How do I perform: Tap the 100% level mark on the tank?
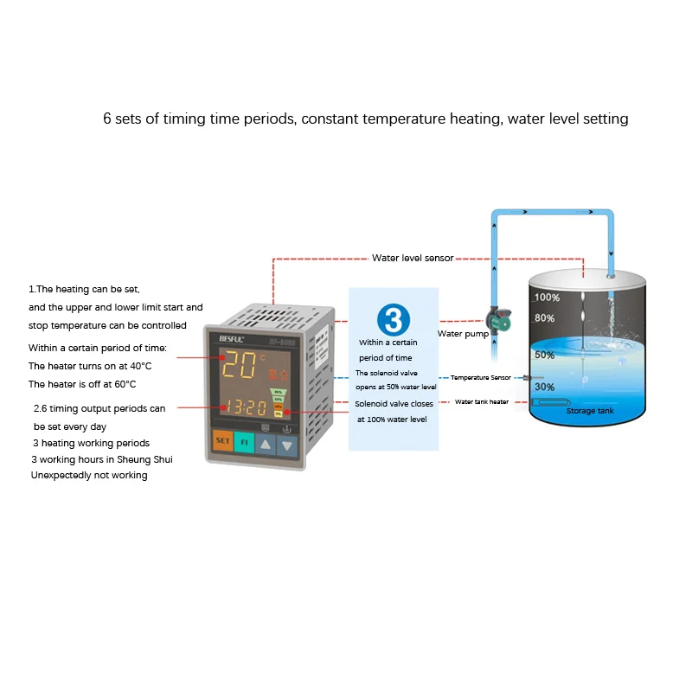pos(547,298)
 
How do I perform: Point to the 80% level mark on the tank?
pos(545,317)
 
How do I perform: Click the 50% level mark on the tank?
pos(544,355)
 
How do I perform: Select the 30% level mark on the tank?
pos(544,387)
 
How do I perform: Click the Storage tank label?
pos(590,411)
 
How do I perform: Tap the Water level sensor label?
pos(413,258)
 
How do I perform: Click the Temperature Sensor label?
pos(481,378)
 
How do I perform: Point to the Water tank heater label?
pos(482,401)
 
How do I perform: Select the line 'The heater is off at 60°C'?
pos(82,384)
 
